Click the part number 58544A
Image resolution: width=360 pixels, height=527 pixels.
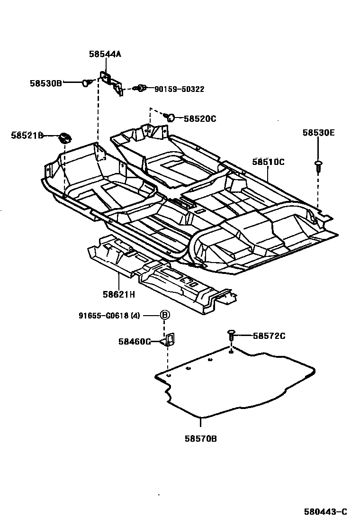105,54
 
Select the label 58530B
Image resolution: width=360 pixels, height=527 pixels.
45,83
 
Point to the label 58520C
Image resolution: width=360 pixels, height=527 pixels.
199,118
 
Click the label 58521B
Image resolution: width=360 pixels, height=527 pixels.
27,136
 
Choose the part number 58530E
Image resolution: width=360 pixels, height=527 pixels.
318,133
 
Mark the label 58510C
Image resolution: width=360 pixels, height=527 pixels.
268,162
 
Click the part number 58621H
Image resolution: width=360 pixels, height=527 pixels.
118,294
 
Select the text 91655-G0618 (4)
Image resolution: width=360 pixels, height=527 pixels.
109,316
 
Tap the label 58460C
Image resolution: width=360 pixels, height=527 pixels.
135,341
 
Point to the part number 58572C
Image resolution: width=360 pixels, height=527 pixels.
269,336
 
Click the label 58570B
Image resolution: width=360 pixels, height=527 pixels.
201,438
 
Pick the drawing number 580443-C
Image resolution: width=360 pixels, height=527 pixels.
325,511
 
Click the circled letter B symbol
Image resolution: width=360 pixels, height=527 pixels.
164,315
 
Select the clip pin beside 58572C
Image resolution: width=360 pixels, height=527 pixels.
231,336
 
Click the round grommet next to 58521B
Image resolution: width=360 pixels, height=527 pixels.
64,138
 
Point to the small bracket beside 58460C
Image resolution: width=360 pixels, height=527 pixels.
169,340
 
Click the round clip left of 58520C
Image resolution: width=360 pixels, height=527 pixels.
171,117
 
